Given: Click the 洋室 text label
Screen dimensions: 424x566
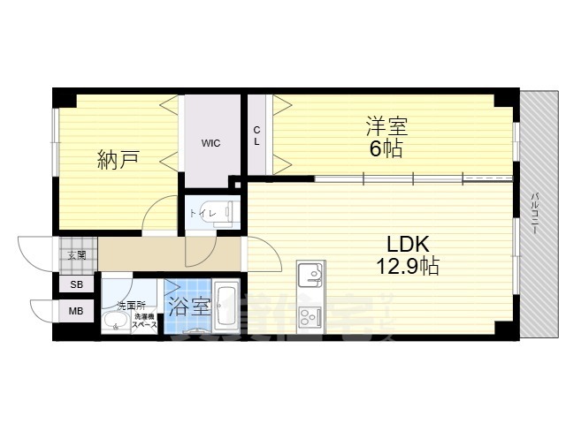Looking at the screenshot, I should (x=386, y=126).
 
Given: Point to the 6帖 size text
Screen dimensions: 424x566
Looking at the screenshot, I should (x=386, y=148).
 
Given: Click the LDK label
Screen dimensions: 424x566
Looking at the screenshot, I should (x=406, y=242).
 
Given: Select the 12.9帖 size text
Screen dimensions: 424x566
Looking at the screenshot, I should (x=406, y=264).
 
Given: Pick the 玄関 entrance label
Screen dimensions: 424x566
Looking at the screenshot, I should (x=75, y=255).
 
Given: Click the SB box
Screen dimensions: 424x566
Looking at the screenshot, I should (x=76, y=285).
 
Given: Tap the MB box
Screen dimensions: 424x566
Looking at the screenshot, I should (x=76, y=311).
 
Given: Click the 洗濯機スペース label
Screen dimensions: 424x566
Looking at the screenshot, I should (x=144, y=321).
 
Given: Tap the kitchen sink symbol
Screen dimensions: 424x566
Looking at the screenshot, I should (x=311, y=276).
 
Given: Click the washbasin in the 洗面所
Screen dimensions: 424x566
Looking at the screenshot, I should (x=113, y=322).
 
